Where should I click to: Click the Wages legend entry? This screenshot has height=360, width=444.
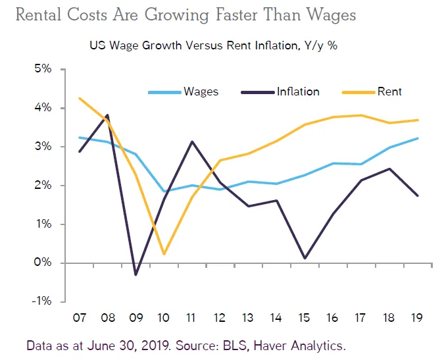click(200, 91)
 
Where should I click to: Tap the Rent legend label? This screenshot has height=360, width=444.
click(390, 91)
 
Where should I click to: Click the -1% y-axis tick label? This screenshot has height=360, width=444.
click(45, 301)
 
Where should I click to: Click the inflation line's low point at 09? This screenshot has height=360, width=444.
click(136, 274)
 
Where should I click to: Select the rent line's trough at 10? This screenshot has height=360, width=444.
click(163, 253)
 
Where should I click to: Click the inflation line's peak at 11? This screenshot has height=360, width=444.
click(191, 141)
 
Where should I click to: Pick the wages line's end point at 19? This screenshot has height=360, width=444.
click(418, 138)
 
